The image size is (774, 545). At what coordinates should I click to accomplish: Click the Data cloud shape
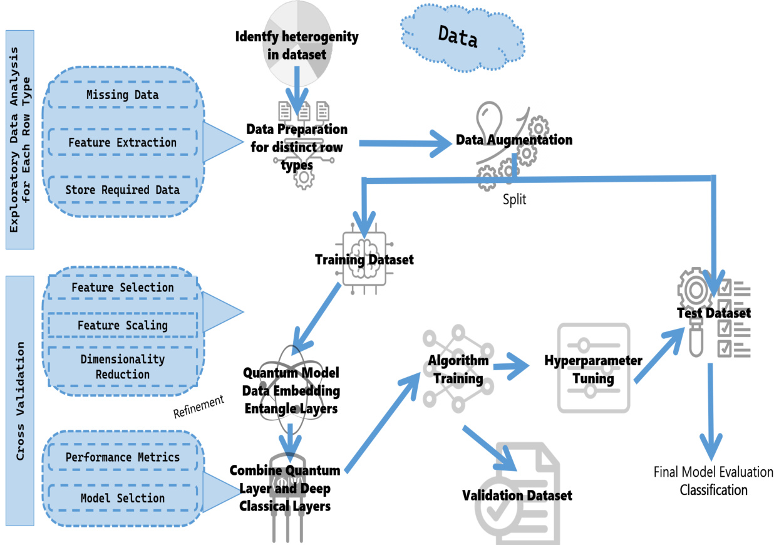[458, 40]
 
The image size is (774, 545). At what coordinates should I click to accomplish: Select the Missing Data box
[122, 95]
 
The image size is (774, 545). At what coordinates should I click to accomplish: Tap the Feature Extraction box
[122, 143]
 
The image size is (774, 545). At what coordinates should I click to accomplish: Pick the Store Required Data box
[122, 190]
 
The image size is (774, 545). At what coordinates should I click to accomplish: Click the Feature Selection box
[122, 288]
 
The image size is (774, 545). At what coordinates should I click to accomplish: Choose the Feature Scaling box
[122, 326]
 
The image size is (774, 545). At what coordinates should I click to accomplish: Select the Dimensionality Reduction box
[122, 366]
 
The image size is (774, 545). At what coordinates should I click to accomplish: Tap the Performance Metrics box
[122, 457]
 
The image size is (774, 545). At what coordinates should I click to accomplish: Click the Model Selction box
[122, 498]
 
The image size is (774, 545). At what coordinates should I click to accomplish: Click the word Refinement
[199, 405]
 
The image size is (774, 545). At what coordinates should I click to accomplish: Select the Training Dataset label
[364, 259]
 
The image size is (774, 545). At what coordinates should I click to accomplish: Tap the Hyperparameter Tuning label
[592, 370]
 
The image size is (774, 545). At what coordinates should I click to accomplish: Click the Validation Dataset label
[517, 496]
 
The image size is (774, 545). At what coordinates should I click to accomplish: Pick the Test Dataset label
[714, 313]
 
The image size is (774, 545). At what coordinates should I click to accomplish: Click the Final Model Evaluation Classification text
[713, 480]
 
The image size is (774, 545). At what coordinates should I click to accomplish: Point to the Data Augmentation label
[513, 140]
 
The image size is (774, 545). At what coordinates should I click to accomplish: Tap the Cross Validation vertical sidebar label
[19, 401]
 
